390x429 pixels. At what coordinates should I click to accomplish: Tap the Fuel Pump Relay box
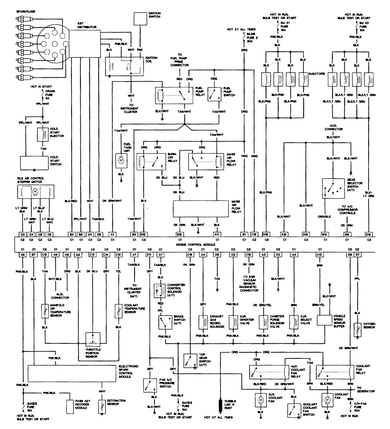click(x=174, y=95)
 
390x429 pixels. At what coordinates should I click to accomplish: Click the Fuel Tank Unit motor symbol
click(x=120, y=160)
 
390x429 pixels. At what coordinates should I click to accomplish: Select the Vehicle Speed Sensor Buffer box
click(x=324, y=320)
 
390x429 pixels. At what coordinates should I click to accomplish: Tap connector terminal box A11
click(x=216, y=234)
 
